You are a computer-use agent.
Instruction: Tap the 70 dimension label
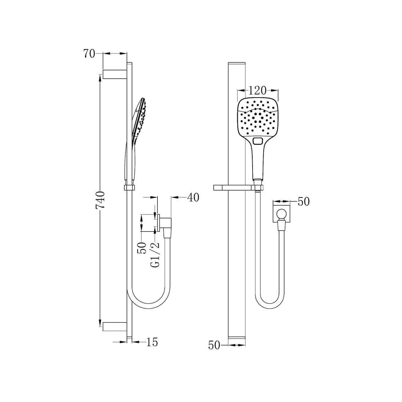(x=89, y=54)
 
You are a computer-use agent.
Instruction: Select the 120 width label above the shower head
(x=258, y=90)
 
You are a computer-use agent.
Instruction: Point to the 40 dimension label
(x=193, y=198)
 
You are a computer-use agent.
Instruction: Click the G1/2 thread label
(x=155, y=254)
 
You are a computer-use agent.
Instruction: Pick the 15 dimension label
(x=151, y=342)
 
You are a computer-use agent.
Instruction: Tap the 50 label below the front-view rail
(x=214, y=345)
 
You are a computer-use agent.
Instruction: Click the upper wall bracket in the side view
(x=115, y=74)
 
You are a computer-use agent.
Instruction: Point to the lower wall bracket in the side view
(x=115, y=326)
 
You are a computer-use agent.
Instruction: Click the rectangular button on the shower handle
(x=258, y=141)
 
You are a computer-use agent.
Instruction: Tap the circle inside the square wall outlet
(x=281, y=213)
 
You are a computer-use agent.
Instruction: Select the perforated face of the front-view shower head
(x=258, y=117)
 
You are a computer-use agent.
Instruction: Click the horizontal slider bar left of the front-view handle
(x=231, y=188)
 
